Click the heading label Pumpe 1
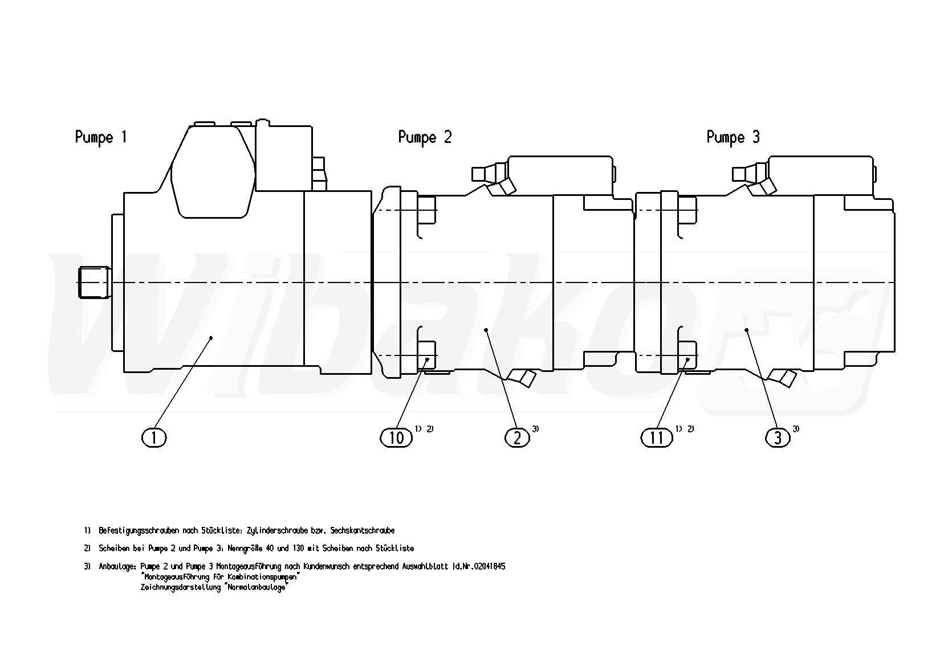click(101, 138)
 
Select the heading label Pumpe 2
click(425, 138)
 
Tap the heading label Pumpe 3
click(733, 138)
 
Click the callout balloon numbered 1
click(154, 438)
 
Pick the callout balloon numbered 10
click(396, 438)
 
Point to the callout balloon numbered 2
click(517, 438)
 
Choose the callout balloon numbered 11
click(657, 438)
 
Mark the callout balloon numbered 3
click(778, 438)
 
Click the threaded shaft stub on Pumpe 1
click(94, 283)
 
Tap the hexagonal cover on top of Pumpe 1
click(213, 172)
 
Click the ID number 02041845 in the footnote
click(489, 566)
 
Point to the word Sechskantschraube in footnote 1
click(363, 530)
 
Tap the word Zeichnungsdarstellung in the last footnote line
click(181, 587)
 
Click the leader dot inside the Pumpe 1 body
click(211, 338)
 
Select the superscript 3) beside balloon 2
click(535, 429)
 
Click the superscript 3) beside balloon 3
click(796, 429)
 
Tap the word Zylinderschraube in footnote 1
click(277, 530)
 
